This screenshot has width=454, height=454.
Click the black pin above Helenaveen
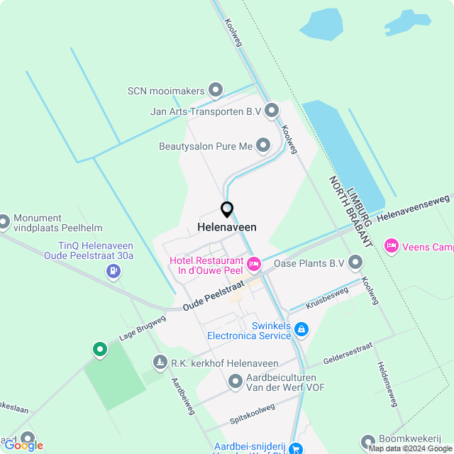[x=227, y=209]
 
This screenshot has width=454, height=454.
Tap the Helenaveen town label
[x=227, y=227]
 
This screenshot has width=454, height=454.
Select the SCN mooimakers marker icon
[x=216, y=91]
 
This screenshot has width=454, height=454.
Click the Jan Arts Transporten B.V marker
[x=272, y=111]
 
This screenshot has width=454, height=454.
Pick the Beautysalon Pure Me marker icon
[x=263, y=146]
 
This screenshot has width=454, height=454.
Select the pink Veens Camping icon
[x=391, y=246]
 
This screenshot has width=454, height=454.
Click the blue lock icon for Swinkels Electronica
[x=301, y=329]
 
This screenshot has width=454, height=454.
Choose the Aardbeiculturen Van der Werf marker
[x=236, y=383]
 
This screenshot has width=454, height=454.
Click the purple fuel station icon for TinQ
[x=113, y=270]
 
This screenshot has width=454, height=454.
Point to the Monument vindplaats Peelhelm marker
[x=4, y=223]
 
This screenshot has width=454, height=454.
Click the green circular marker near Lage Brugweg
[x=100, y=349]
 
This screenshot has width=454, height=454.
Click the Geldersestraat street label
[x=348, y=353]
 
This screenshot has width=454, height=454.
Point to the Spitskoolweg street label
[x=253, y=411]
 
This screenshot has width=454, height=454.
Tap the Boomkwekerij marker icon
[x=368, y=442]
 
